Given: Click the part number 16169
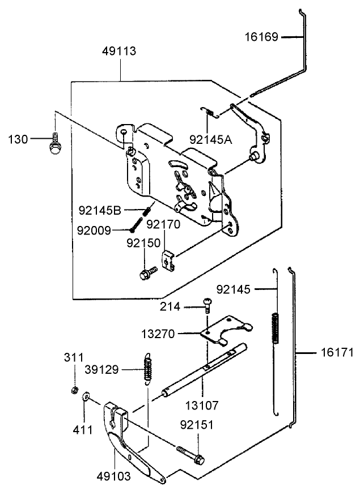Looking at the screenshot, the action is [x=261, y=37].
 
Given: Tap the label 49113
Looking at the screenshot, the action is [x=119, y=51].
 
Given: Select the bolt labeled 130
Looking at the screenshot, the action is [x=56, y=144].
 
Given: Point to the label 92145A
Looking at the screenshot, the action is [x=211, y=139].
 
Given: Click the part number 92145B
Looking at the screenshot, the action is [x=100, y=211].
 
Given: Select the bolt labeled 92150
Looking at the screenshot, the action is [x=148, y=274].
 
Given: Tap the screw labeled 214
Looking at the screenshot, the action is [x=207, y=305].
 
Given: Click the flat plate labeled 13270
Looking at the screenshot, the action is [x=226, y=330].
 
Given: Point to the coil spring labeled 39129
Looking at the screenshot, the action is [x=147, y=369].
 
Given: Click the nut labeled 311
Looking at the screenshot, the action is [x=74, y=390].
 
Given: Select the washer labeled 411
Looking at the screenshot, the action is [x=86, y=396].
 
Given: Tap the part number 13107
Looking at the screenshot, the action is [x=202, y=406].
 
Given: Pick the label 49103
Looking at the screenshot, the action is [x=113, y=476].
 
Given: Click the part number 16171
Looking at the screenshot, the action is [x=337, y=352].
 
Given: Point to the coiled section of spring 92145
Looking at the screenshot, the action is [x=276, y=328].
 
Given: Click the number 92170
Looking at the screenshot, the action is [x=163, y=224].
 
